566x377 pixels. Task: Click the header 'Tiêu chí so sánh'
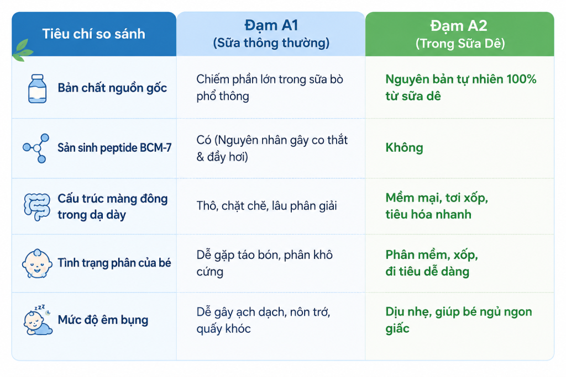tap(93, 34)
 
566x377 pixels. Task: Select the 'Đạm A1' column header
tap(271, 25)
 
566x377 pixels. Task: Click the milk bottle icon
tap(37, 89)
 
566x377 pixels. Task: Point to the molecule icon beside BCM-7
tap(36, 148)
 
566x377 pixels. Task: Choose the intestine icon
tap(37, 206)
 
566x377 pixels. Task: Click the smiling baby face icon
tap(37, 263)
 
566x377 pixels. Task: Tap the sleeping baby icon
tap(38, 320)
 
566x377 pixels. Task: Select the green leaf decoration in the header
tap(22, 50)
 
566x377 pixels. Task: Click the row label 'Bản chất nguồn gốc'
tap(112, 88)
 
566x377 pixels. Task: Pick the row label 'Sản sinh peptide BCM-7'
tap(114, 148)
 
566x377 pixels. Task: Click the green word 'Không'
tap(404, 147)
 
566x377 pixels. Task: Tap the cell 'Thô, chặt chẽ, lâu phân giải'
tap(266, 206)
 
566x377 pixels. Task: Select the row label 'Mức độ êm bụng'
tap(103, 320)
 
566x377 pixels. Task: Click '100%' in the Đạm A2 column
tap(521, 79)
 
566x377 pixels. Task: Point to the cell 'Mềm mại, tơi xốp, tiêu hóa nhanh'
tap(437, 206)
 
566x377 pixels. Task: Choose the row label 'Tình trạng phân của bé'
tap(114, 263)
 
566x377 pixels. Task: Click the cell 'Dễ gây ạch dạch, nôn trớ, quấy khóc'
tap(264, 320)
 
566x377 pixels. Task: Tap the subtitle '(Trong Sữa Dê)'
tap(460, 44)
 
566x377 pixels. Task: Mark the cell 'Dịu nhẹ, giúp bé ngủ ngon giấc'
tap(459, 320)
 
